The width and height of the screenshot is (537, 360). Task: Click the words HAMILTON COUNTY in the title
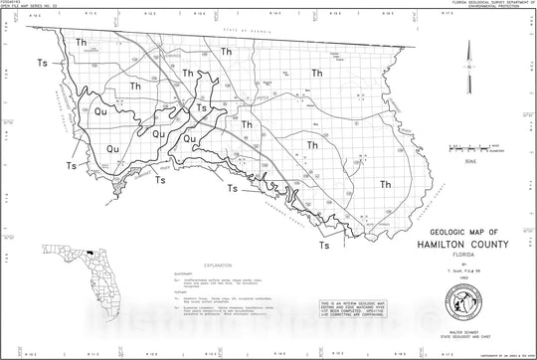tap(447, 243)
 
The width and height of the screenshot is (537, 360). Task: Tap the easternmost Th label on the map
tap(385, 185)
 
